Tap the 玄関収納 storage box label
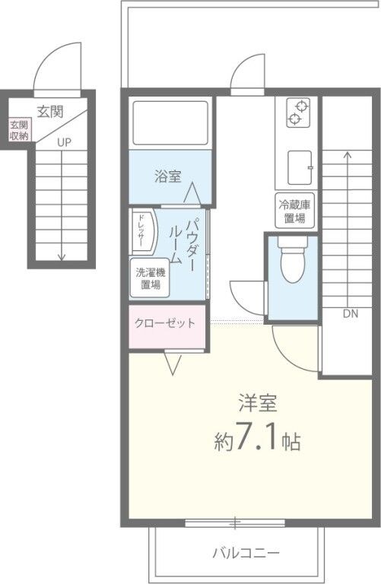point(19,130)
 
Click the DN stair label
point(350,313)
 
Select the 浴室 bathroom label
point(169,176)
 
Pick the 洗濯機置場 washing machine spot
point(148,279)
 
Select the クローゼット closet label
point(165,323)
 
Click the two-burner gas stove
point(298,113)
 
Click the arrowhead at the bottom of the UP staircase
point(62,257)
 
